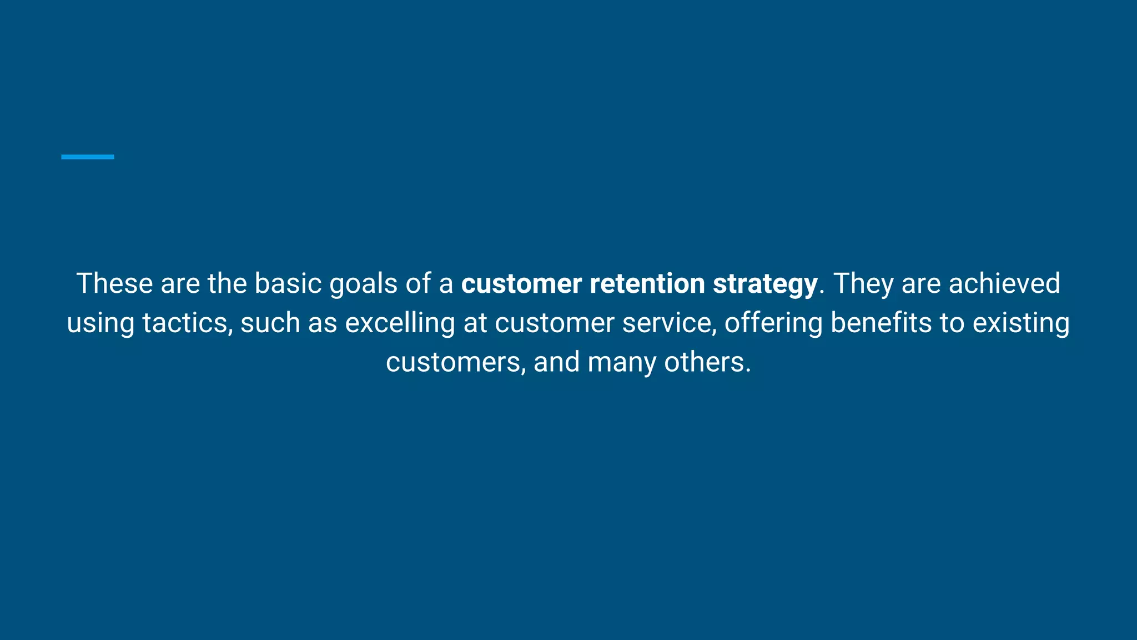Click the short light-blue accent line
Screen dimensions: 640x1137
pyautogui.click(x=87, y=157)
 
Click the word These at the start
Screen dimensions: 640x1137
pyautogui.click(x=114, y=283)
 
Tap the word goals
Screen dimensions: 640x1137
pyautogui.click(x=364, y=284)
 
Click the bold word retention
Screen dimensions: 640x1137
pyautogui.click(x=647, y=283)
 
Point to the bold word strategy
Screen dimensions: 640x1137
pyautogui.click(x=765, y=284)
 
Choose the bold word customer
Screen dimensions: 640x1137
pyautogui.click(x=521, y=283)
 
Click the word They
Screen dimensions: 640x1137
pyautogui.click(x=863, y=283)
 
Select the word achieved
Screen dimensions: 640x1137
pyautogui.click(x=1004, y=283)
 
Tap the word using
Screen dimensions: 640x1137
pyautogui.click(x=100, y=324)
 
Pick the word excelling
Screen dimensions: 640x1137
pyautogui.click(x=400, y=324)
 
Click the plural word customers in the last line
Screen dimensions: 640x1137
pyautogui.click(x=455, y=362)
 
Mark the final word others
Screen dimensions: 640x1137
pyautogui.click(x=707, y=362)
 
